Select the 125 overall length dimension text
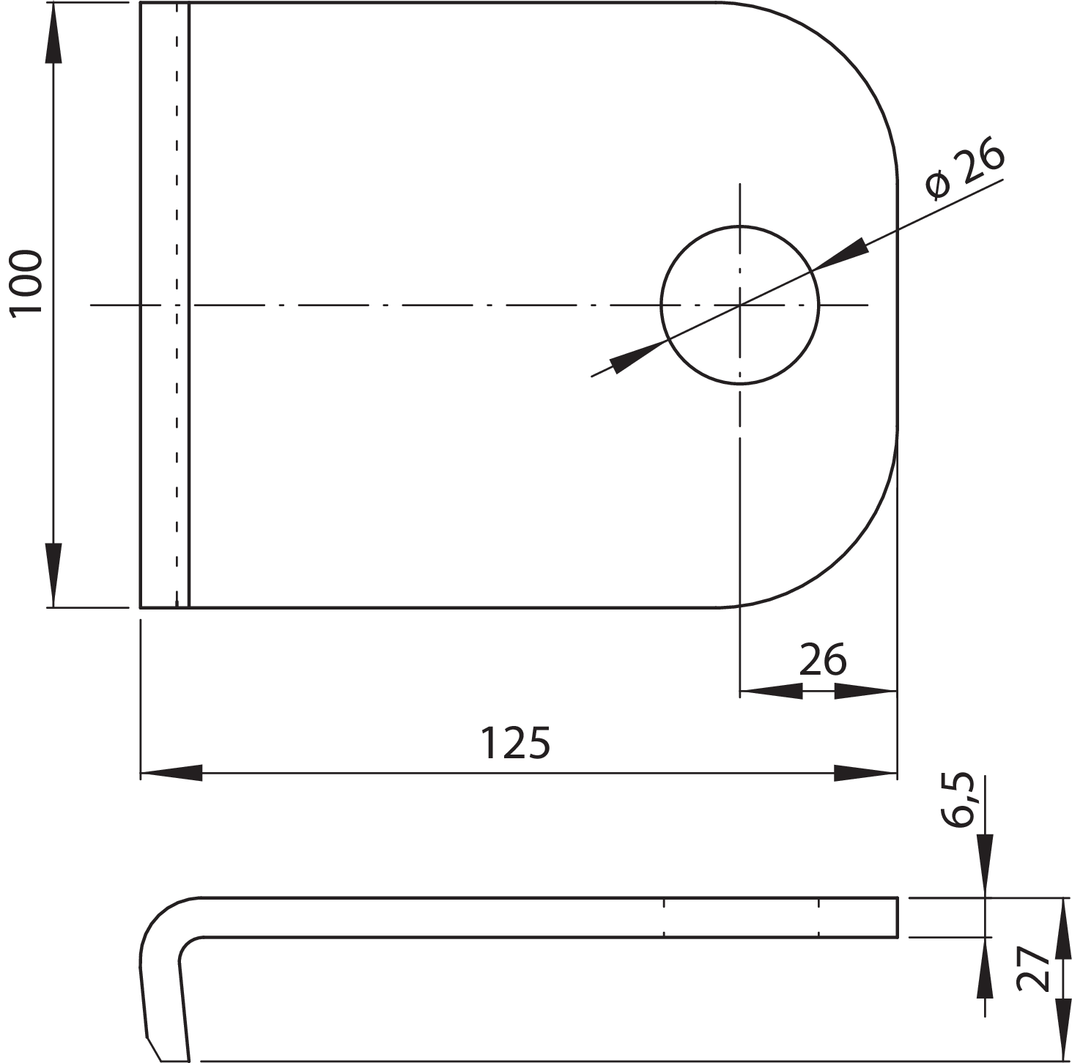[x=514, y=743]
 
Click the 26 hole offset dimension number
[x=822, y=659]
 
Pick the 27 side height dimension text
[x=1035, y=968]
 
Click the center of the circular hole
[x=740, y=304]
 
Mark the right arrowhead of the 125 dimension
[x=866, y=772]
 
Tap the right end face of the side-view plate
[x=898, y=916]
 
